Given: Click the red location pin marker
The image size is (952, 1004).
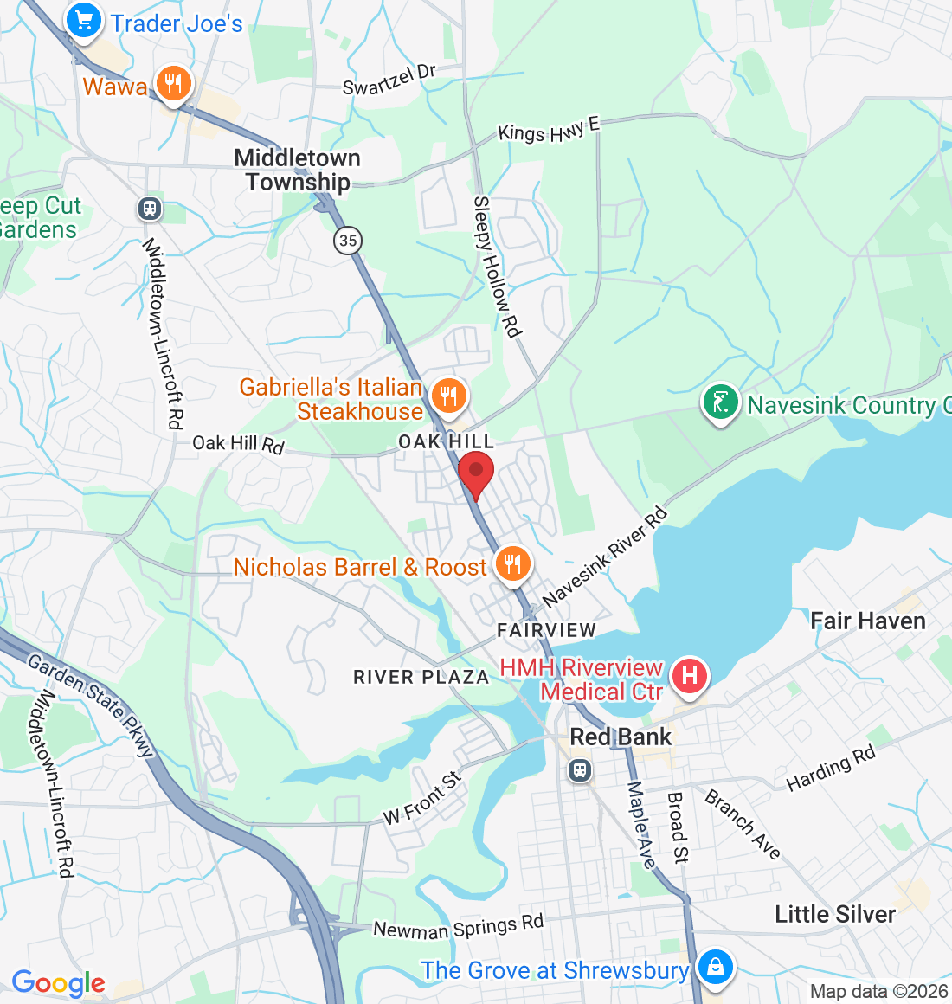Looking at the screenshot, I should pyautogui.click(x=475, y=473).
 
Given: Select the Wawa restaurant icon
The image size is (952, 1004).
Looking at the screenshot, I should pyautogui.click(x=175, y=84).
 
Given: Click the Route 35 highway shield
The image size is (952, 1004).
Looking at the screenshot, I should pyautogui.click(x=348, y=240).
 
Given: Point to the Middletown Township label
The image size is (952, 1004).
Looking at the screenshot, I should pyautogui.click(x=298, y=170).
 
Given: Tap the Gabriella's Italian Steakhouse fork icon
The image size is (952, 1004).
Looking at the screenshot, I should pyautogui.click(x=447, y=396).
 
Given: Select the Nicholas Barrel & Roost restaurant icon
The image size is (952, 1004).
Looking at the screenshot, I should pyautogui.click(x=512, y=564).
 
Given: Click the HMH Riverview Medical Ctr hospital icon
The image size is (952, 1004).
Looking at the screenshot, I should pyautogui.click(x=690, y=674).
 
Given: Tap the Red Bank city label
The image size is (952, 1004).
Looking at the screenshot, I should pyautogui.click(x=621, y=737).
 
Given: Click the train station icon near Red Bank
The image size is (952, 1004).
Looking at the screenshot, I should pyautogui.click(x=580, y=769).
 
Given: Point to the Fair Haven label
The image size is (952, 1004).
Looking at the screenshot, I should pyautogui.click(x=867, y=621).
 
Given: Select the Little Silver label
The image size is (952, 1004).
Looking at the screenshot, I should pyautogui.click(x=835, y=914).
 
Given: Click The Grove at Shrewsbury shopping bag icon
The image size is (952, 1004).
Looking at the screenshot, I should pyautogui.click(x=715, y=966).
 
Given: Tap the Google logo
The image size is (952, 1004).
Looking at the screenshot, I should pyautogui.click(x=58, y=983).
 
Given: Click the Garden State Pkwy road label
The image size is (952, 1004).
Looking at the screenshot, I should pyautogui.click(x=91, y=705).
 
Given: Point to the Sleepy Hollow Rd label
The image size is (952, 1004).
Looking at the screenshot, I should pyautogui.click(x=497, y=267).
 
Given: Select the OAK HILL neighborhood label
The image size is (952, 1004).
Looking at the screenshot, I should pyautogui.click(x=446, y=441).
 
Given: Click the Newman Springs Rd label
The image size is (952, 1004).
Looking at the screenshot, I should pyautogui.click(x=458, y=927).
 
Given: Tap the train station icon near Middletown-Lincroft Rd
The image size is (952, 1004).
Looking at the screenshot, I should pyautogui.click(x=150, y=208).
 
